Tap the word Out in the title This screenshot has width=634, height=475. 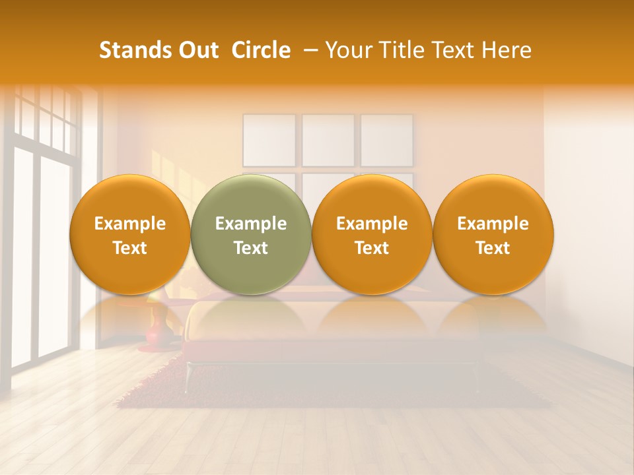click(x=197, y=50)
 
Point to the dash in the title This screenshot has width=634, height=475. click(x=308, y=50)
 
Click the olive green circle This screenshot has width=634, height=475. click(x=251, y=234)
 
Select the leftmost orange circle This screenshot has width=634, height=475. click(x=130, y=234)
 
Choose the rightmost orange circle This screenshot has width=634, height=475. click(x=493, y=234)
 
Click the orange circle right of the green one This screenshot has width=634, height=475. click(x=372, y=234)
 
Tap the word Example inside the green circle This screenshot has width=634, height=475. click(x=251, y=224)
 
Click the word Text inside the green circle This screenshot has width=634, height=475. click(x=251, y=248)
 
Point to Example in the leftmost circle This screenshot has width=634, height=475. click(x=130, y=224)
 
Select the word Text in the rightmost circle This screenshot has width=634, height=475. click(x=493, y=248)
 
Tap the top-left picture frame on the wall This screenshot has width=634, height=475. click(x=269, y=140)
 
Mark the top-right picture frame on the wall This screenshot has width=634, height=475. click(x=386, y=140)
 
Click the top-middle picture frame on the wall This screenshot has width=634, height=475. click(x=328, y=140)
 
